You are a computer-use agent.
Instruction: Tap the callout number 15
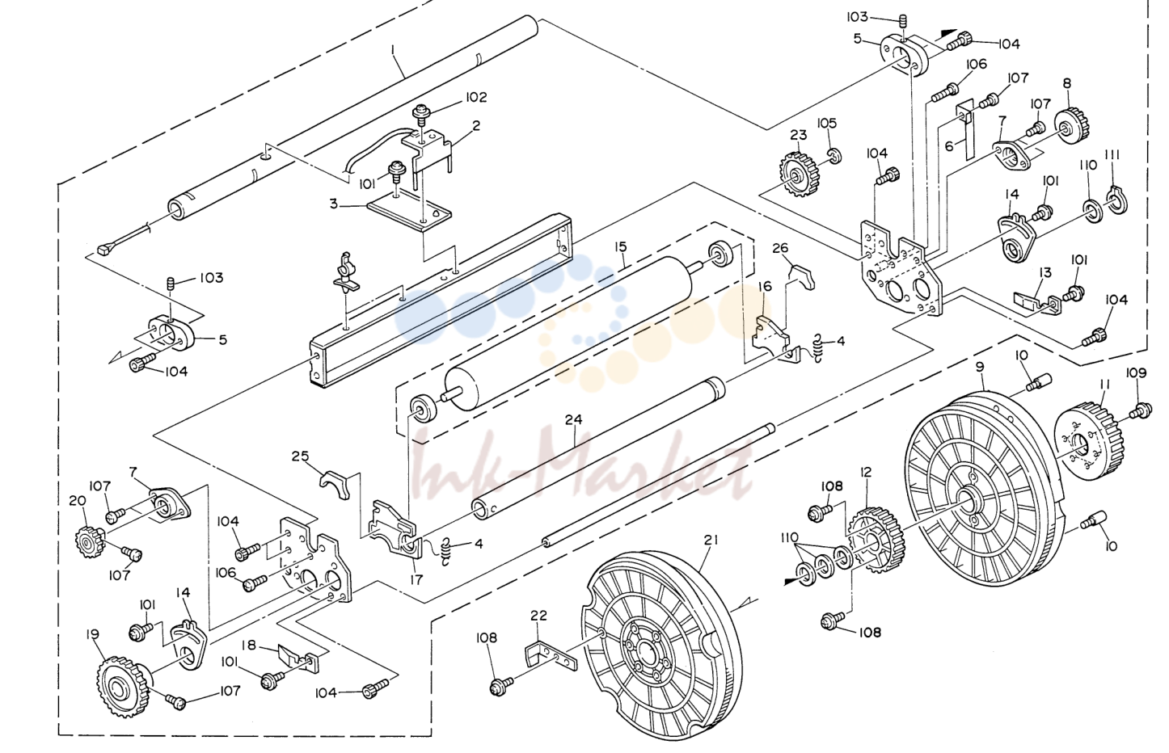click(620, 246)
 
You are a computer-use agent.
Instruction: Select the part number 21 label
click(711, 541)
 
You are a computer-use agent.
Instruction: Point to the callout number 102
click(476, 97)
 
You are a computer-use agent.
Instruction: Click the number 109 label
click(1136, 372)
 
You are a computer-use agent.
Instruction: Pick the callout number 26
click(780, 248)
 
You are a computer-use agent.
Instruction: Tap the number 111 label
click(1112, 154)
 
